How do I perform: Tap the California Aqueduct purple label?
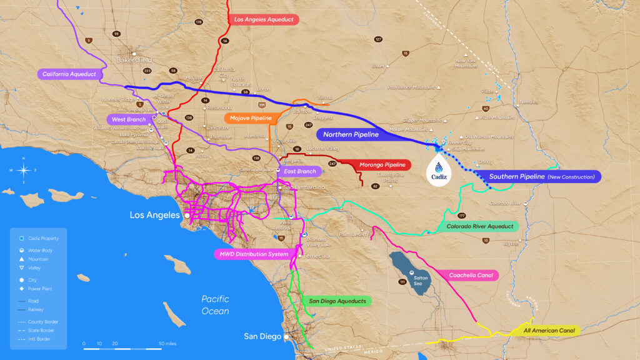click(69, 74)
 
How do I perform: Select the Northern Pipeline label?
click(351, 134)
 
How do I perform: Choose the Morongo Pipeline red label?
click(382, 165)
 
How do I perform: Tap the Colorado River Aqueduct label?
click(480, 226)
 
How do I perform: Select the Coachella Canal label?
click(471, 275)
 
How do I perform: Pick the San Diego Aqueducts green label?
click(337, 301)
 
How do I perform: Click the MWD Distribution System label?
click(254, 254)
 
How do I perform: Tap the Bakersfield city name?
click(136, 61)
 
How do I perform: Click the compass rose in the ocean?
click(24, 170)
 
